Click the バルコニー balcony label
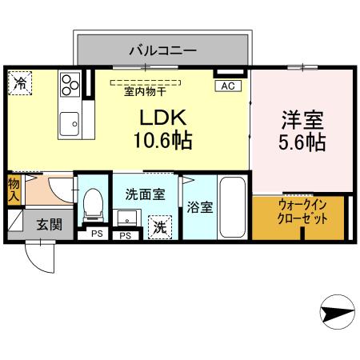click(x=163, y=50)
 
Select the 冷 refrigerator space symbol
click(x=20, y=82)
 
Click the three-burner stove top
click(x=69, y=83)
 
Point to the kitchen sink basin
click(x=69, y=123)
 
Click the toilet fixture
click(x=94, y=205)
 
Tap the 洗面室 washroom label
click(x=144, y=194)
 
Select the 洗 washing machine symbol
click(x=160, y=227)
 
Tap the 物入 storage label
click(x=14, y=190)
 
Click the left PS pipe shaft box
click(x=96, y=234)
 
